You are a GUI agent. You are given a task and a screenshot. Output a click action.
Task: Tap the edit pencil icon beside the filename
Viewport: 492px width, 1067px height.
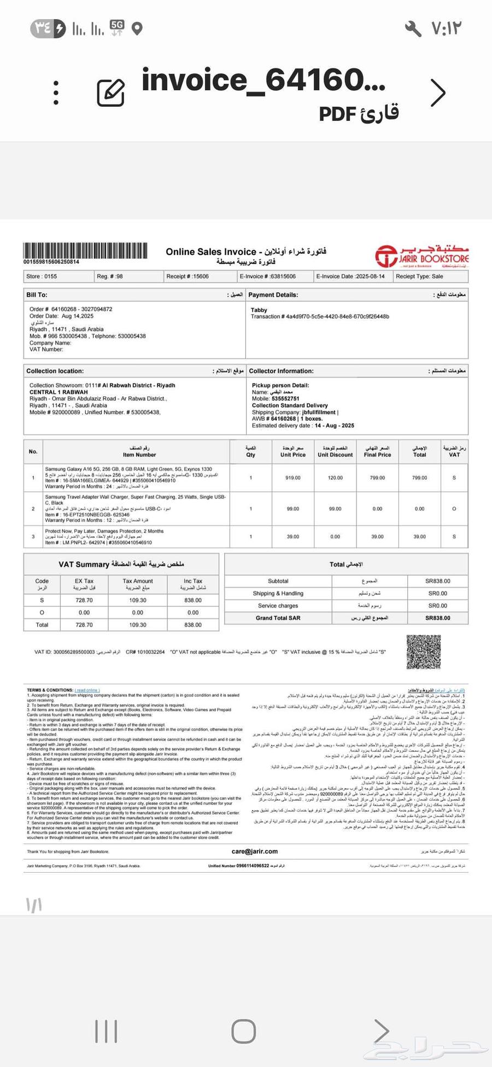click(x=110, y=92)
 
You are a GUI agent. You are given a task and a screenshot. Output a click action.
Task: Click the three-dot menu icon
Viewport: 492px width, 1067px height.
click(x=56, y=92)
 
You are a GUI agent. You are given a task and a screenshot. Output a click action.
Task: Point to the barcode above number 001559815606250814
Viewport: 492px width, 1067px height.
click(x=85, y=251)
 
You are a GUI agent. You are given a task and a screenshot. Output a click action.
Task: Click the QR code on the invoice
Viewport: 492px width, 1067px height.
click(x=423, y=652)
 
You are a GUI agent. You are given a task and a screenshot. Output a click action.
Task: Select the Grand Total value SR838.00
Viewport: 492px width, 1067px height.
click(x=438, y=618)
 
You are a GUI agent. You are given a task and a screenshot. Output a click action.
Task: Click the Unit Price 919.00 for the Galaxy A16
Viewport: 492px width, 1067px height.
click(x=293, y=478)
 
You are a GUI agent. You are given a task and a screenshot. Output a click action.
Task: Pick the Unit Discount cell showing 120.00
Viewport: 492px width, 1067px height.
click(x=335, y=478)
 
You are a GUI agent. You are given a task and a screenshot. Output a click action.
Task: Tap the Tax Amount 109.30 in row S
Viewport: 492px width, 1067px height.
click(x=138, y=600)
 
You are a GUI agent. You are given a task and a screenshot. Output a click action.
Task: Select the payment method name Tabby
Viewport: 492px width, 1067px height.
click(x=259, y=310)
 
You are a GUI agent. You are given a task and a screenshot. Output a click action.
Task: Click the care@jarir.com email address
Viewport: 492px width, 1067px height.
click(x=255, y=851)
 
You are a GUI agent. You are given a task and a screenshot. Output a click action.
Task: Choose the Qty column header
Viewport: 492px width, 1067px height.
click(x=250, y=451)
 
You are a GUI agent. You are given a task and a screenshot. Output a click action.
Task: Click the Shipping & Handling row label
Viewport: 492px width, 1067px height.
click(x=278, y=593)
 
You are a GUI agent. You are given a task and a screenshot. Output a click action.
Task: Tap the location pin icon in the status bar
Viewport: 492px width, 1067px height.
click(x=138, y=28)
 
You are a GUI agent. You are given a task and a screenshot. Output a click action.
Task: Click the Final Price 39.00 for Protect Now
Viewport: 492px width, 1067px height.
click(x=377, y=537)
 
